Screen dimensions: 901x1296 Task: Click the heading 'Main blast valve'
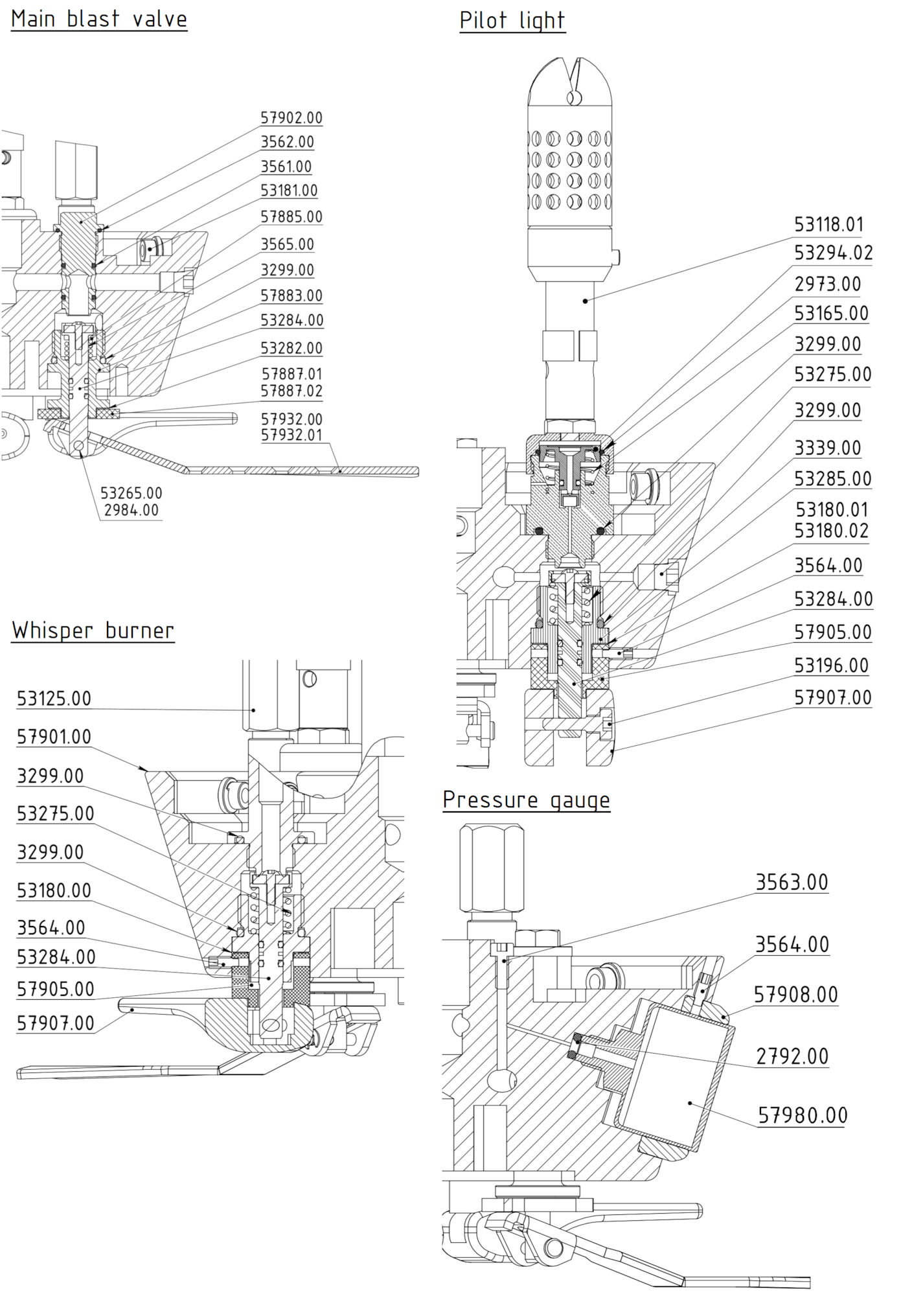point(99,19)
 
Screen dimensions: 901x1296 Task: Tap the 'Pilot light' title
point(512,21)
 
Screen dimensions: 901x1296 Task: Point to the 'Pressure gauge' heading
point(527,800)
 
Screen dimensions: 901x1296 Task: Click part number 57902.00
point(291,118)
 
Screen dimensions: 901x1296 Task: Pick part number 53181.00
point(289,191)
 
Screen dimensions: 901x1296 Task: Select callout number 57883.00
point(291,295)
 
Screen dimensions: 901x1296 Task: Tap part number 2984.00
point(131,510)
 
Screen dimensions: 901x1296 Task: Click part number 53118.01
point(829,225)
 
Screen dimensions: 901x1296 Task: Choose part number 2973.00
point(828,284)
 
